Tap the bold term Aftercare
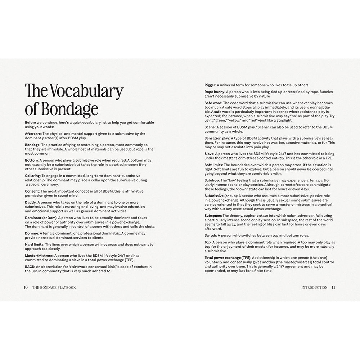pyautogui.click(x=33, y=134)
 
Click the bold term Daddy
pyautogui.click(x=31, y=203)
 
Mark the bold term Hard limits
pyautogui.click(x=35, y=244)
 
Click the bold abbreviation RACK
pyautogui.click(x=30, y=267)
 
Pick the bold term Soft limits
pyautogui.click(x=215, y=165)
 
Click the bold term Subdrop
pyautogui.click(x=213, y=180)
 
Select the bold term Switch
pyautogui.click(x=211, y=235)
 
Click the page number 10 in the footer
pyautogui.click(x=26, y=288)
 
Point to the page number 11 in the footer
pyautogui.click(x=333, y=288)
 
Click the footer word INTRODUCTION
pyautogui.click(x=314, y=288)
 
